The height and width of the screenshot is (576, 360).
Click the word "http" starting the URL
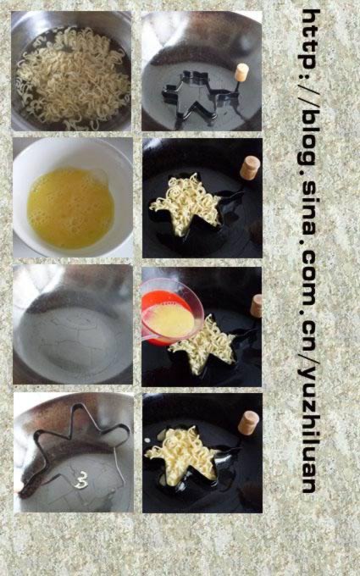point(311,39)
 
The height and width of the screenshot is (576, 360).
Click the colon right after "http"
point(311,78)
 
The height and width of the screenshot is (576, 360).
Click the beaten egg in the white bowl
point(70,208)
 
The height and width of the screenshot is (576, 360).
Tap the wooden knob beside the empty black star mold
point(241,72)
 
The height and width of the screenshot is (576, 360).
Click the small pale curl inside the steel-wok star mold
point(81,479)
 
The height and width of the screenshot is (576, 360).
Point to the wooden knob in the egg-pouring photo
point(257,306)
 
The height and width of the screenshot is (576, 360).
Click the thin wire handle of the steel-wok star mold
point(119,463)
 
